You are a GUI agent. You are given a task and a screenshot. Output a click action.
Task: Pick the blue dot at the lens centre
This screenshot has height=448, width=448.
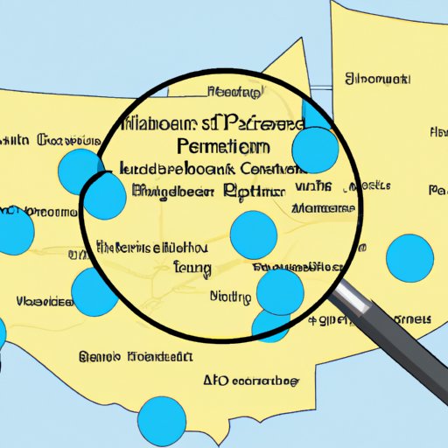(253, 235)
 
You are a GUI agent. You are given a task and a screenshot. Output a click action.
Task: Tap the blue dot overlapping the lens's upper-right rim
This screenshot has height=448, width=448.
(316, 150)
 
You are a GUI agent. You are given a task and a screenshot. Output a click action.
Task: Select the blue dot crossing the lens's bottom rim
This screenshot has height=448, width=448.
(270, 323)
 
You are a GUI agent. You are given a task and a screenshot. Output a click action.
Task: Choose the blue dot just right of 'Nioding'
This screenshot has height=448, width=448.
(280, 291)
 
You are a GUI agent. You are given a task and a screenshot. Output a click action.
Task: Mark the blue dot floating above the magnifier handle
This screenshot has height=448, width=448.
(409, 257)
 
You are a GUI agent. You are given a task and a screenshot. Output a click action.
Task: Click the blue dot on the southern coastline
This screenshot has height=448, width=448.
(162, 419)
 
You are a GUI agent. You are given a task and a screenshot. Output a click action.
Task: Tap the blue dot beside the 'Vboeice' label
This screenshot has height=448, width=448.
(94, 292)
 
